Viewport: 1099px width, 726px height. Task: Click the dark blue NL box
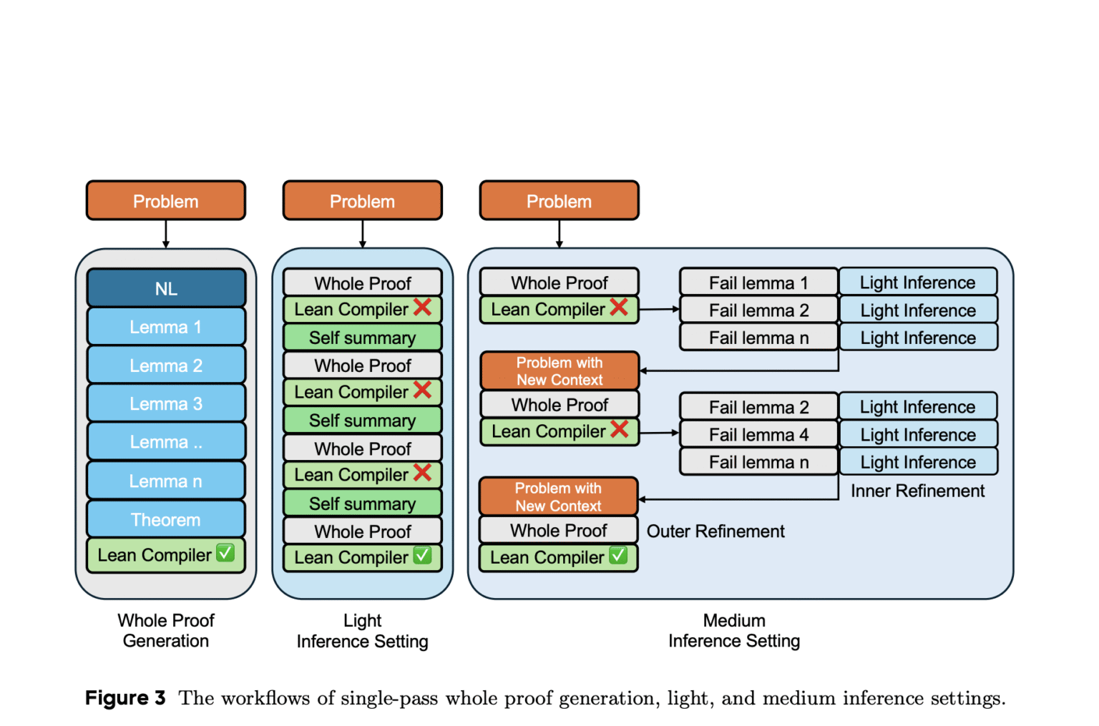pyautogui.click(x=166, y=288)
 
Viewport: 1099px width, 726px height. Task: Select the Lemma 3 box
pyautogui.click(x=166, y=403)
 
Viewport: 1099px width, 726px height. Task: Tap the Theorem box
pyautogui.click(x=166, y=519)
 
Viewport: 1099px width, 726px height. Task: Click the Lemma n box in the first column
pyautogui.click(x=166, y=481)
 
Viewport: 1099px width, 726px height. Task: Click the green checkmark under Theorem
pyautogui.click(x=225, y=553)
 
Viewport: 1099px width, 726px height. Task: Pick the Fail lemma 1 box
pyautogui.click(x=758, y=283)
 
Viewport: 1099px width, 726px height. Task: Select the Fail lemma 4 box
pyautogui.click(x=758, y=434)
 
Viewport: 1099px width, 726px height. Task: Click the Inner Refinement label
pyautogui.click(x=917, y=491)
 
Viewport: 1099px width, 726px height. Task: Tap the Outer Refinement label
pyautogui.click(x=715, y=531)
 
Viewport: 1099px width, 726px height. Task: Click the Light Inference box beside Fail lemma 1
pyautogui.click(x=918, y=283)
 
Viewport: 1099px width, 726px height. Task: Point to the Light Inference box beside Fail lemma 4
pyautogui.click(x=918, y=434)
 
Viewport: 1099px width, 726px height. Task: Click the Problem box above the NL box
pyautogui.click(x=166, y=201)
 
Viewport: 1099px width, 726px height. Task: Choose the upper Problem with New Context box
pyautogui.click(x=560, y=371)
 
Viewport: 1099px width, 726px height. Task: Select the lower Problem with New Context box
pyautogui.click(x=559, y=496)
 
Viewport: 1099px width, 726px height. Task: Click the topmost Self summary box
pyautogui.click(x=362, y=338)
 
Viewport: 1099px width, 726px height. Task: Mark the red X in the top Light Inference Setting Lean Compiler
pyautogui.click(x=423, y=307)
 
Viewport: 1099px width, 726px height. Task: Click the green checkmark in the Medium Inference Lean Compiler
pyautogui.click(x=618, y=555)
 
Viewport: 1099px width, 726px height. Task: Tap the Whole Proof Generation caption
pyautogui.click(x=166, y=630)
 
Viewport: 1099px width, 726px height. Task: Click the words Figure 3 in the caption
pyautogui.click(x=125, y=697)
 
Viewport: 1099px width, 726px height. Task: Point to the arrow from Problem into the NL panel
pyautogui.click(x=166, y=234)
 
